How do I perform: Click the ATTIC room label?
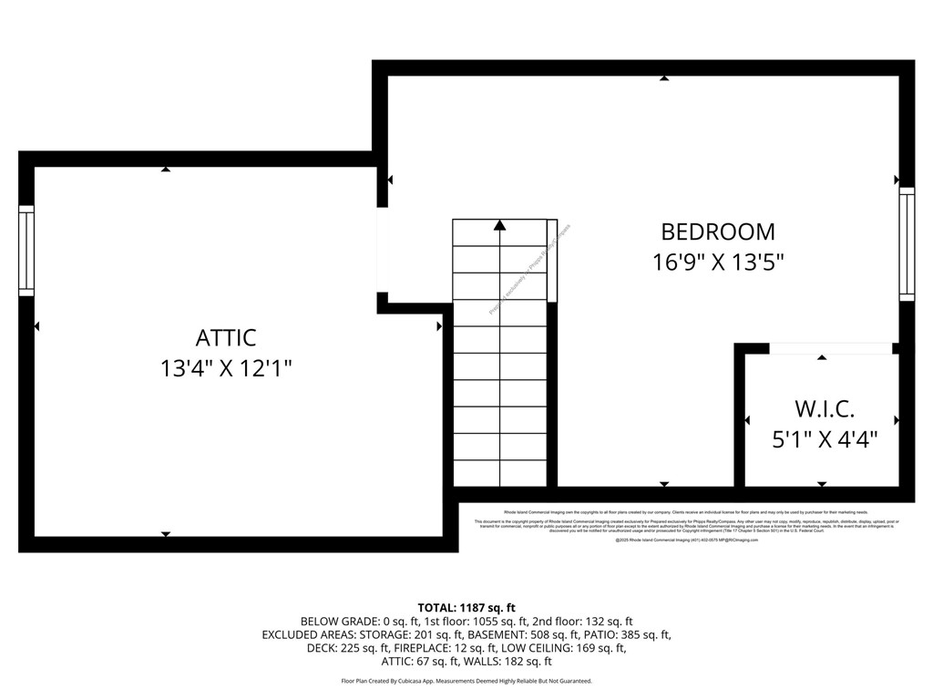click(x=226, y=338)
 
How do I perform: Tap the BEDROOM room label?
click(x=718, y=232)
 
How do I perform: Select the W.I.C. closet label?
click(x=825, y=408)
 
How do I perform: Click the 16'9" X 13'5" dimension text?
click(x=718, y=262)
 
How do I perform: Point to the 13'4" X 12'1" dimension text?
click(x=226, y=369)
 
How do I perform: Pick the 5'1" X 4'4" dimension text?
click(x=825, y=439)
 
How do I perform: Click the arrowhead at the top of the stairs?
click(x=499, y=224)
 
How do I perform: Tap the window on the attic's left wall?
click(x=26, y=250)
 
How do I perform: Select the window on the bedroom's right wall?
click(x=906, y=243)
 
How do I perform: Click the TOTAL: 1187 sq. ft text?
click(x=466, y=608)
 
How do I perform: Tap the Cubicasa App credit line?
click(x=466, y=681)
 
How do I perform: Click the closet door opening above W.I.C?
click(x=829, y=348)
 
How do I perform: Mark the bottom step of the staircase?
click(x=499, y=474)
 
